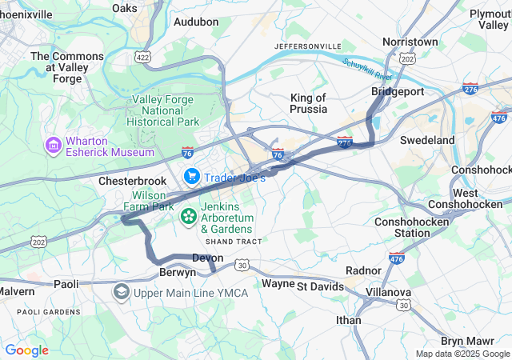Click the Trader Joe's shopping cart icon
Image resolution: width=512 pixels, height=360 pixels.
(x=192, y=176)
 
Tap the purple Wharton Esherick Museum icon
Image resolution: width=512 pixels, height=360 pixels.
(x=54, y=146)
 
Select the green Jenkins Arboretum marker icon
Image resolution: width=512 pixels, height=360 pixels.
(x=189, y=216)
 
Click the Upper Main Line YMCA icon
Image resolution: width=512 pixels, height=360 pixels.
(x=122, y=292)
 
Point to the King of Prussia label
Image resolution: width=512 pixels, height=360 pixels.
(x=308, y=103)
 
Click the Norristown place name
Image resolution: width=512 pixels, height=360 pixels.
(x=410, y=41)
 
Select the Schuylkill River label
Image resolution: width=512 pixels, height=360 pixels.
(x=367, y=69)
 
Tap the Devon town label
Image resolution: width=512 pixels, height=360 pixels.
(x=207, y=258)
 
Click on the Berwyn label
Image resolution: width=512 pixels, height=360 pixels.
(x=178, y=272)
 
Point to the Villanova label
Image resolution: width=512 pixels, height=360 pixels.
(x=389, y=293)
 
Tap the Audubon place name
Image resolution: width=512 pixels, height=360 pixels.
(x=195, y=22)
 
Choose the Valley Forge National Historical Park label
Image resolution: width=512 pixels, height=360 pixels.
(x=165, y=110)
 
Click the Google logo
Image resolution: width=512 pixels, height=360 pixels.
(x=26, y=350)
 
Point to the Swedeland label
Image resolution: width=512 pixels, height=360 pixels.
(x=427, y=140)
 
